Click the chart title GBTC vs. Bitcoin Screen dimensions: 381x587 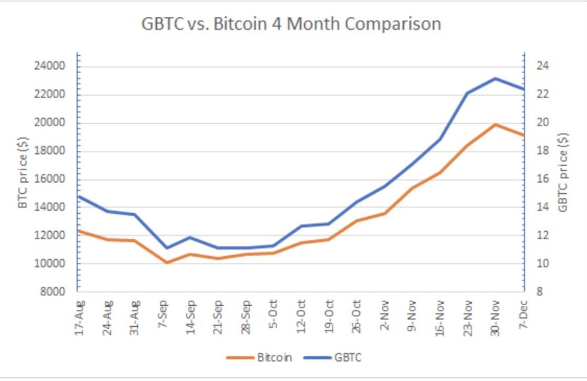(x=291, y=24)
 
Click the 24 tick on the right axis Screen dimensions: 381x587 (x=543, y=66)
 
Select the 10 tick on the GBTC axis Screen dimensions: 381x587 (x=543, y=264)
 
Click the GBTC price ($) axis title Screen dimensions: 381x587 (x=563, y=172)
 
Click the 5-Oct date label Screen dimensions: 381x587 (x=273, y=315)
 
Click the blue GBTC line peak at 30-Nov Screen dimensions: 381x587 (x=495, y=78)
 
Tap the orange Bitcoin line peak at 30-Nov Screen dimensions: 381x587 (x=495, y=124)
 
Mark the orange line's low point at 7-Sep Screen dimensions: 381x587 (x=166, y=262)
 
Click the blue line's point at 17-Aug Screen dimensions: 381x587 (x=78, y=196)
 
